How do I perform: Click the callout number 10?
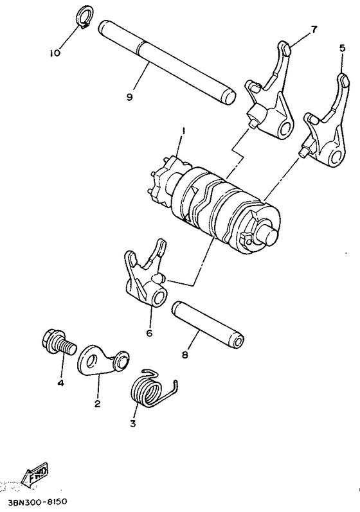coord(57,53)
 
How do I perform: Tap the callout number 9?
coord(129,97)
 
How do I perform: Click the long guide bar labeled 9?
coord(167,62)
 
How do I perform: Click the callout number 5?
coord(342,48)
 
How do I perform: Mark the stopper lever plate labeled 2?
coord(100,358)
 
